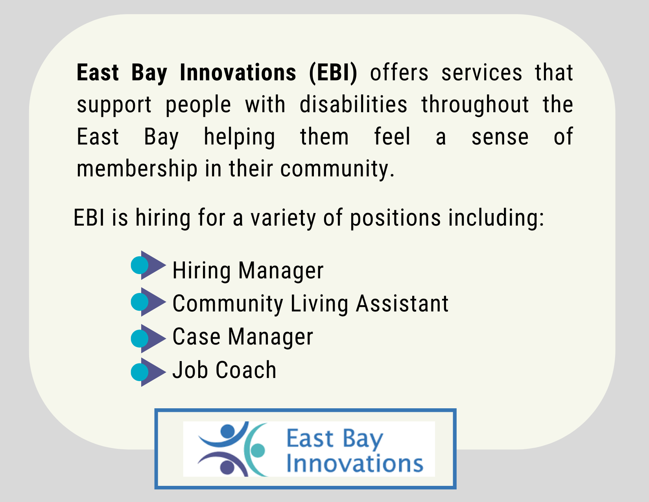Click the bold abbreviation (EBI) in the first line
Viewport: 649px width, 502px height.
pos(333,73)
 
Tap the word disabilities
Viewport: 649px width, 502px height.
pos(353,105)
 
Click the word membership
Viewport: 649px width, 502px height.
pos(136,169)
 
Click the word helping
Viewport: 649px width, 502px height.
pos(239,137)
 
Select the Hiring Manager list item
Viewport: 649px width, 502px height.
pos(248,271)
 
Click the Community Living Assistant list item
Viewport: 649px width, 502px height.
pos(310,304)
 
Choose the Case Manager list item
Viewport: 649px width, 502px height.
pos(243,337)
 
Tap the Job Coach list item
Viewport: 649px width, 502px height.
pos(224,370)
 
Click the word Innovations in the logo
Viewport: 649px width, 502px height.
pos(354,463)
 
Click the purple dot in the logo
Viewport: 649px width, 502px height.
pos(227,467)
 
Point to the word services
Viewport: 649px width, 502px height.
pos(481,73)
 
